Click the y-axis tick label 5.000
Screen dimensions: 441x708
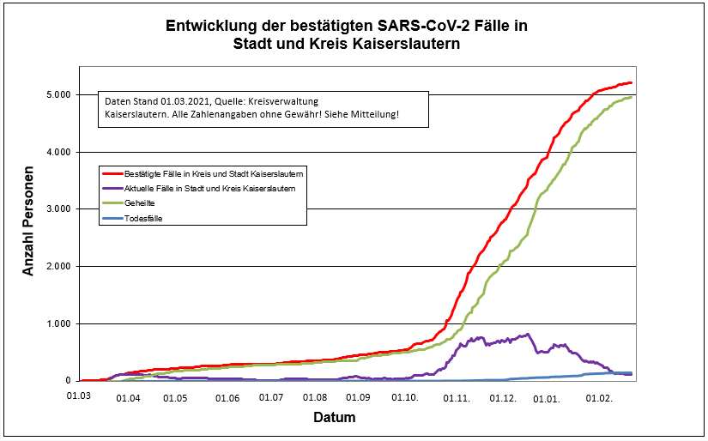click(57, 94)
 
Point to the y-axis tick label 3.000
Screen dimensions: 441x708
click(57, 208)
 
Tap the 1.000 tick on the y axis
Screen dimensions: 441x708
click(57, 323)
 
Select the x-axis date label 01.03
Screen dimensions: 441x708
click(79, 397)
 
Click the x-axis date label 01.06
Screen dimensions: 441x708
click(227, 397)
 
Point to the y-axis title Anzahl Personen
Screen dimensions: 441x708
click(28, 220)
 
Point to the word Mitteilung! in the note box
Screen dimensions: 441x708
click(370, 113)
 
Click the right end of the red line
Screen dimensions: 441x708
click(632, 82)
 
